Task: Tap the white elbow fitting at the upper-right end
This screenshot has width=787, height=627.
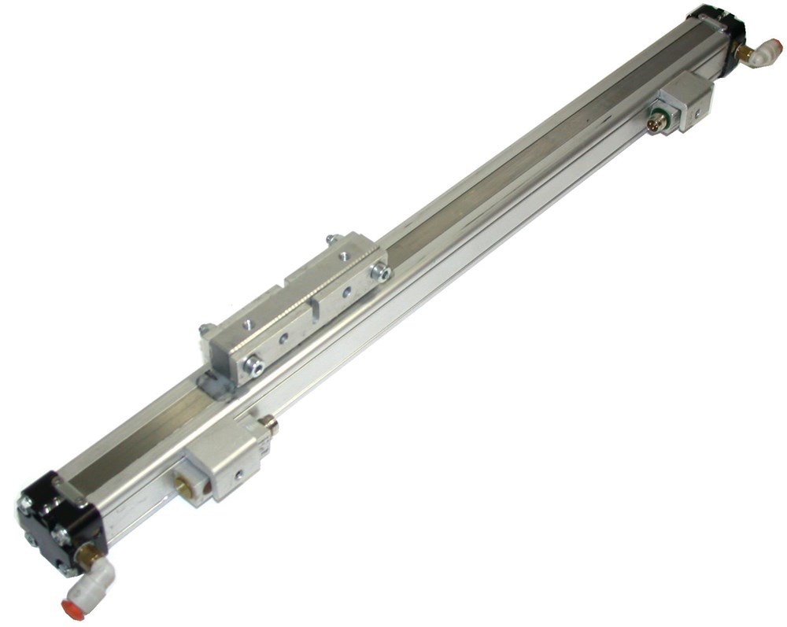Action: [763, 54]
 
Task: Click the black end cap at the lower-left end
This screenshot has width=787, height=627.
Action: [55, 515]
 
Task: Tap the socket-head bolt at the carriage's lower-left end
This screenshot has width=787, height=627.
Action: [254, 365]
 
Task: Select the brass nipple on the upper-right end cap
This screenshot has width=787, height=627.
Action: [743, 53]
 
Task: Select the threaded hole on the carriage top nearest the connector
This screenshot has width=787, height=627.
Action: [345, 255]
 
